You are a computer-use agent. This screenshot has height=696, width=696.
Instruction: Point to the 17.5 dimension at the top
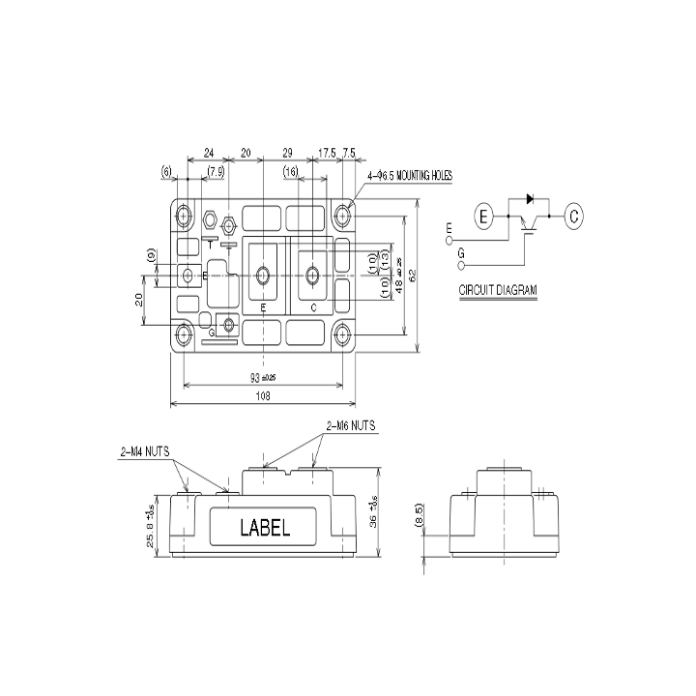click(327, 154)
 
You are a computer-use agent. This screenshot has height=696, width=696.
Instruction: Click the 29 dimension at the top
click(288, 154)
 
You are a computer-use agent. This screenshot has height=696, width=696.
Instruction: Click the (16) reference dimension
click(290, 171)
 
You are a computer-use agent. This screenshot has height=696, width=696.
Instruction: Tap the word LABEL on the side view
click(264, 528)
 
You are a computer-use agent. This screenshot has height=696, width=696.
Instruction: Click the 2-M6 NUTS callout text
click(351, 425)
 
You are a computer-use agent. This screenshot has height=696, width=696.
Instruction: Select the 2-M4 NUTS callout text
click(145, 450)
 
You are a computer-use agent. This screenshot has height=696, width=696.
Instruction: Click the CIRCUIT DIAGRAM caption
click(499, 289)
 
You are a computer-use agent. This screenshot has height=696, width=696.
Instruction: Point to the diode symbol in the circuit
click(530, 198)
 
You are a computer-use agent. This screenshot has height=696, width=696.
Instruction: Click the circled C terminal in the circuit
click(573, 216)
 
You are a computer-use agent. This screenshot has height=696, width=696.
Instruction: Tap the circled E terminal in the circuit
click(484, 216)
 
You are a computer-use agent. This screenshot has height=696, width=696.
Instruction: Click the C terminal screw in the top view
click(312, 276)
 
